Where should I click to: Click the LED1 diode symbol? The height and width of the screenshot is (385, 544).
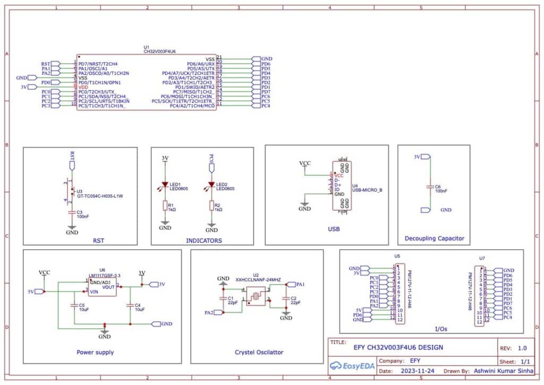coord(165,185)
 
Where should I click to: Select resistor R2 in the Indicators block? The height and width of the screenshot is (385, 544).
coord(211,206)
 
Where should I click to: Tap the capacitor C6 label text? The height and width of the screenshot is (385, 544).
coord(438,186)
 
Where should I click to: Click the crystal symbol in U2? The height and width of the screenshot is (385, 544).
coord(256,296)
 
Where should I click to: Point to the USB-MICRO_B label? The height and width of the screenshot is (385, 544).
coord(367,190)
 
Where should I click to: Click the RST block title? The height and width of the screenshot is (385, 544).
coord(98,241)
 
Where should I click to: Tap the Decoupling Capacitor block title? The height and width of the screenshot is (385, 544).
coord(434,238)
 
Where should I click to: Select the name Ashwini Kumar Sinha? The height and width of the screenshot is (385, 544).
coord(502,371)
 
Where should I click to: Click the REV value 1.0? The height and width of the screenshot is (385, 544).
coord(522,348)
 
